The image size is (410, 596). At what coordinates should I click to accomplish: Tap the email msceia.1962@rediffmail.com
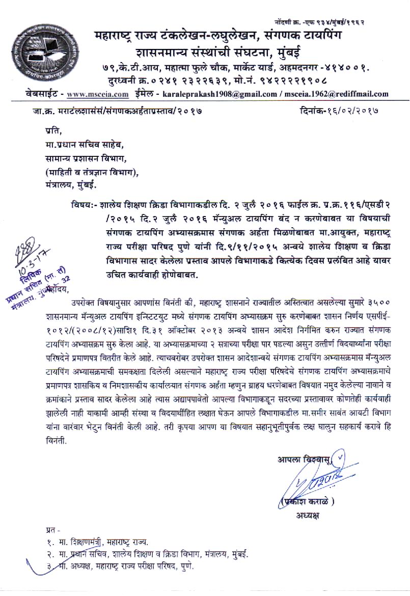click(x=338, y=94)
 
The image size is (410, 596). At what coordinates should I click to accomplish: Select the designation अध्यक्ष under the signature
click(x=307, y=515)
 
